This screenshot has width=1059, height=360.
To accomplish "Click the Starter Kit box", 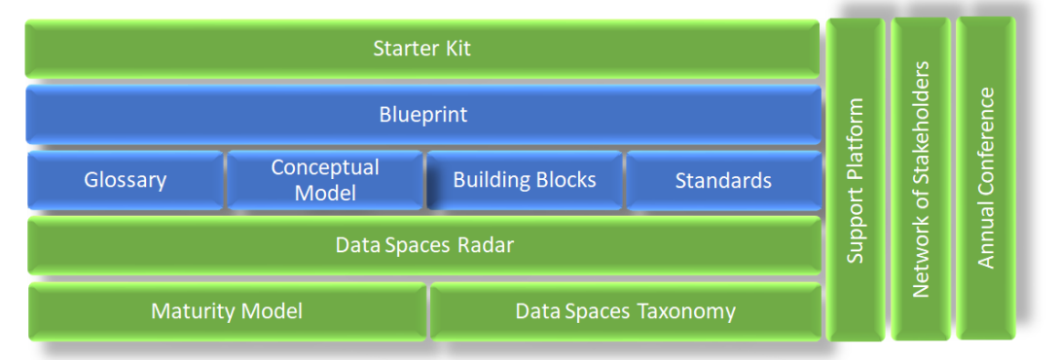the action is [x=422, y=49].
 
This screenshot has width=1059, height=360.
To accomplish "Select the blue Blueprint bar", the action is [x=423, y=114].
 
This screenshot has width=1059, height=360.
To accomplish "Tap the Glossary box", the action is [x=125, y=180].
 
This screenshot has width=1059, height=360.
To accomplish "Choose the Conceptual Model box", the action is [x=325, y=180].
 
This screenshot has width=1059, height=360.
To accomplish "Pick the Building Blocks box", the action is [x=524, y=180].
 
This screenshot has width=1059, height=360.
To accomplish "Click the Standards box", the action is [x=723, y=180].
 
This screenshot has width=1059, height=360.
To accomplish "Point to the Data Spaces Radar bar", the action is [x=424, y=245].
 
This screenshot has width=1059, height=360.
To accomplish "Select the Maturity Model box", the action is [x=227, y=311].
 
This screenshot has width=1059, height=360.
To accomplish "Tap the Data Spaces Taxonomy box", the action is [x=626, y=311].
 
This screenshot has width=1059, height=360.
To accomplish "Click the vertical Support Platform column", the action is [x=856, y=180].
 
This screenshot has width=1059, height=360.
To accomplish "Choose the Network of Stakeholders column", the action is [x=921, y=179].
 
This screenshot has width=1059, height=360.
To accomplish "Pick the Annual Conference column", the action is [x=986, y=178].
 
